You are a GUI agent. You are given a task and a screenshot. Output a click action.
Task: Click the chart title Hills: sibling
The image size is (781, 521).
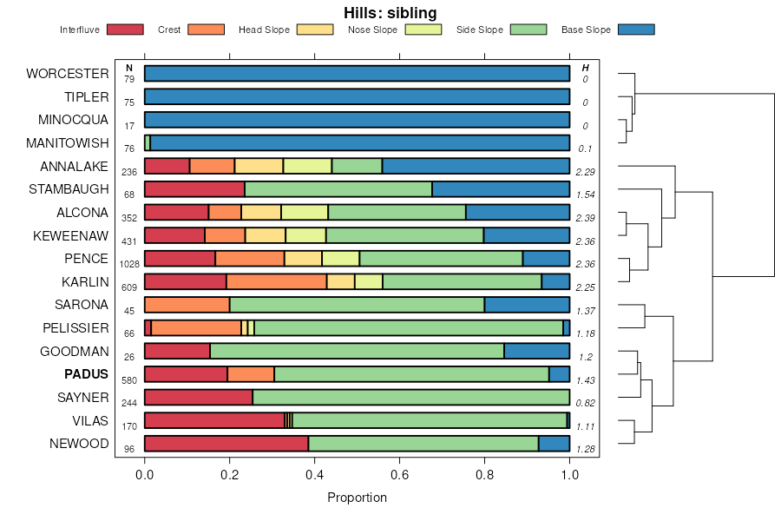(x=390, y=12)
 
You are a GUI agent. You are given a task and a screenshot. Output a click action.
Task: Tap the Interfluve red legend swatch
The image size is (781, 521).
(x=125, y=30)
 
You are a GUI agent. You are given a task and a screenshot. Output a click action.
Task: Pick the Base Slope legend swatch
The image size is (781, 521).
(x=636, y=30)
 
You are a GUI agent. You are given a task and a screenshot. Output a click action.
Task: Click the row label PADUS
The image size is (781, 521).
(x=86, y=374)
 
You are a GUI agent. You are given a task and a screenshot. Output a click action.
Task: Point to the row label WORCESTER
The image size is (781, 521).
(x=68, y=73)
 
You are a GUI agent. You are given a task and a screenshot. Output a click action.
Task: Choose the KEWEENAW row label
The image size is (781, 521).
(x=70, y=235)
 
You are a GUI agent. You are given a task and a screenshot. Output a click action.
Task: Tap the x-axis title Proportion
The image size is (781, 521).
(x=357, y=498)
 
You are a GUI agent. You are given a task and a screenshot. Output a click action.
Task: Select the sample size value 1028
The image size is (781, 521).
(x=129, y=263)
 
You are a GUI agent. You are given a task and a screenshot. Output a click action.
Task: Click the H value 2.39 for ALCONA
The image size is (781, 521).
(x=585, y=217)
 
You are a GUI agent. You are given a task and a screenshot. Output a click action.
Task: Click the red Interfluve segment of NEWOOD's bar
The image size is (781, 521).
(x=226, y=444)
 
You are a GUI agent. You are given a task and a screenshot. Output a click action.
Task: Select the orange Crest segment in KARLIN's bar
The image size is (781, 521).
(x=276, y=281)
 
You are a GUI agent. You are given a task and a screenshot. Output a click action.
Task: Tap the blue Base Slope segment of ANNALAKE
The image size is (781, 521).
(x=476, y=166)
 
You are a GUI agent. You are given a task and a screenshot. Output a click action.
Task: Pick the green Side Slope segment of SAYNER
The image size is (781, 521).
(x=410, y=397)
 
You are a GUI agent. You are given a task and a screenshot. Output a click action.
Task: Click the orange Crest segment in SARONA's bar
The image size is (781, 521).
(x=187, y=305)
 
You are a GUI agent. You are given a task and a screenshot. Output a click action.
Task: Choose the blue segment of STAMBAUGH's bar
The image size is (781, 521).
(x=501, y=189)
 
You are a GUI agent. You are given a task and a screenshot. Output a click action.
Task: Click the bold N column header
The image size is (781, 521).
(x=129, y=68)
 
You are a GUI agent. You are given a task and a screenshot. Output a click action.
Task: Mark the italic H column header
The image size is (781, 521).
(x=585, y=68)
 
